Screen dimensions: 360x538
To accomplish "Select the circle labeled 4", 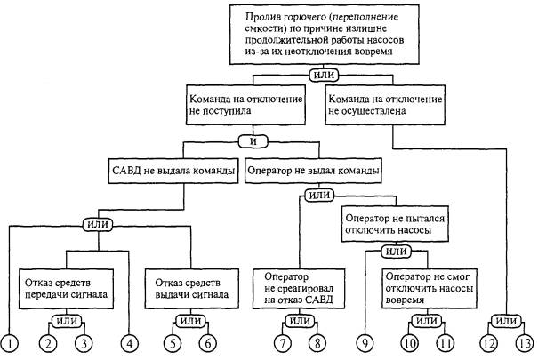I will click(131, 341).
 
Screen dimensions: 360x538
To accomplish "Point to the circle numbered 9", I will click(365, 341).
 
